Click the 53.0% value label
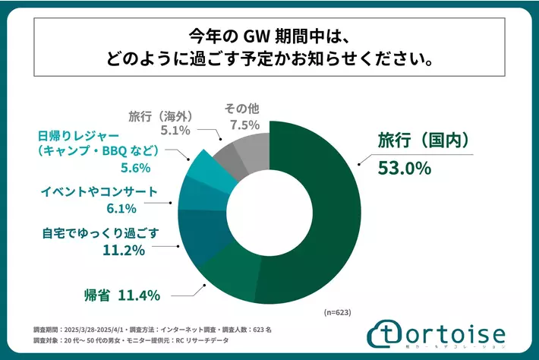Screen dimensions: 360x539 point(404,167)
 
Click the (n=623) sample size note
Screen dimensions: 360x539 point(334,312)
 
